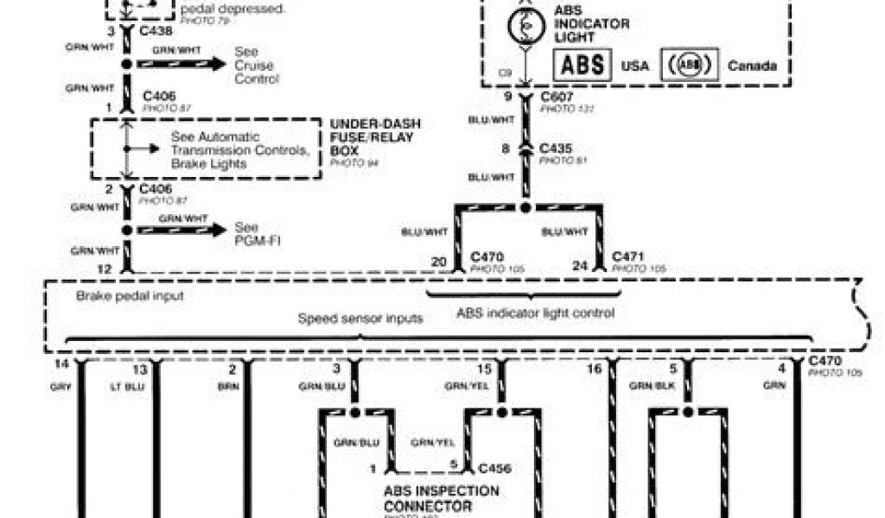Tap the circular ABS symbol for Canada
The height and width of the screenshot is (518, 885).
pyautogui.click(x=690, y=65)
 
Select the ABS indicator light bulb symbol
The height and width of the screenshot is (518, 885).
pyautogui.click(x=525, y=28)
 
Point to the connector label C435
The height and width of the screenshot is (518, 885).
pyautogui.click(x=556, y=148)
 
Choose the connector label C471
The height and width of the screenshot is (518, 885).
pyautogui.click(x=628, y=257)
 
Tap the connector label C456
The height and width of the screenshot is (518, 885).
pyautogui.click(x=494, y=470)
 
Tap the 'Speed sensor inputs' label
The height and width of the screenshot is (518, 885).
pyautogui.click(x=360, y=319)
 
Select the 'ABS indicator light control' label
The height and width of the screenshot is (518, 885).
pyautogui.click(x=535, y=313)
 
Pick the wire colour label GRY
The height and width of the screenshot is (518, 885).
pyautogui.click(x=60, y=386)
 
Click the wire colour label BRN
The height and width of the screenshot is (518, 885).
pyautogui.click(x=228, y=386)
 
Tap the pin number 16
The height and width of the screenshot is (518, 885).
pyautogui.click(x=594, y=369)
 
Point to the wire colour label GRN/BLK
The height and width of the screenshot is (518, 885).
pyautogui.click(x=652, y=386)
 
